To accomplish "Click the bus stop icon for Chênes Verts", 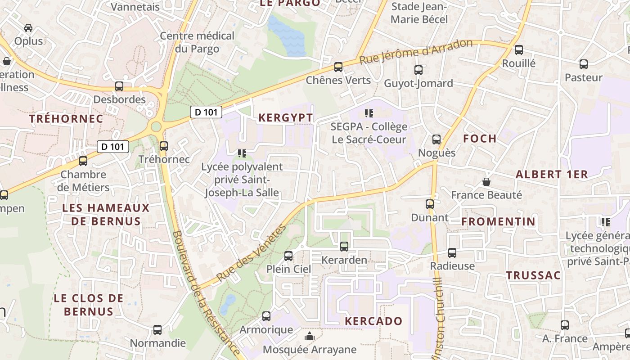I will [338, 67].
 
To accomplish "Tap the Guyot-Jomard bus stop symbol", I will [418, 70].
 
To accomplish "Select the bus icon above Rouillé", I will [519, 50].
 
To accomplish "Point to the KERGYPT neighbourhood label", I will [286, 118].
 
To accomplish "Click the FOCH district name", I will [480, 139].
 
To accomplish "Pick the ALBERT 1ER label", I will [552, 175].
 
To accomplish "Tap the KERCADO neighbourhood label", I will [373, 321].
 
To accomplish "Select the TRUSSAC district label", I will [533, 275].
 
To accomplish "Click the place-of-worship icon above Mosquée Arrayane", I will [309, 336].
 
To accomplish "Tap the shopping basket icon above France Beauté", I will [486, 182].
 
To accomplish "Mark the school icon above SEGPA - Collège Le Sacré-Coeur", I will [369, 113].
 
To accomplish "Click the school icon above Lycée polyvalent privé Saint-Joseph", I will [242, 153].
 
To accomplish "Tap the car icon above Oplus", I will [28, 28].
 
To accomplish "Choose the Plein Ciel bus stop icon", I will [288, 256].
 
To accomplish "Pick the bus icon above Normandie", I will [157, 330].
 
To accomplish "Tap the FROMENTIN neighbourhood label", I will [499, 221].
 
